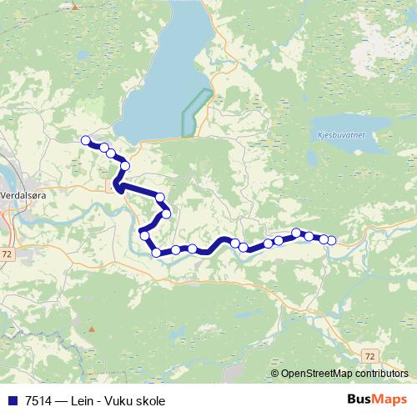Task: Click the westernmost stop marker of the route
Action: pos(85,141)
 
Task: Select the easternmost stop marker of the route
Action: pos(331,240)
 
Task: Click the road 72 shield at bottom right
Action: pos(369,355)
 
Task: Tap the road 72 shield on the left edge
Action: pos(8,252)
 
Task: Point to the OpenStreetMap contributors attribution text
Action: pos(344,374)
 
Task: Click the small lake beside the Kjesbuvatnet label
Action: pos(313,157)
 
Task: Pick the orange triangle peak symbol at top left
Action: pos(74,7)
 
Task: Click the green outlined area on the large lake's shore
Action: pos(195,113)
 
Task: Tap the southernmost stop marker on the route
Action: pos(156,252)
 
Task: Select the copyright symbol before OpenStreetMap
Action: pos(275,374)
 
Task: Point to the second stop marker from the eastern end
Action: pos(324,239)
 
